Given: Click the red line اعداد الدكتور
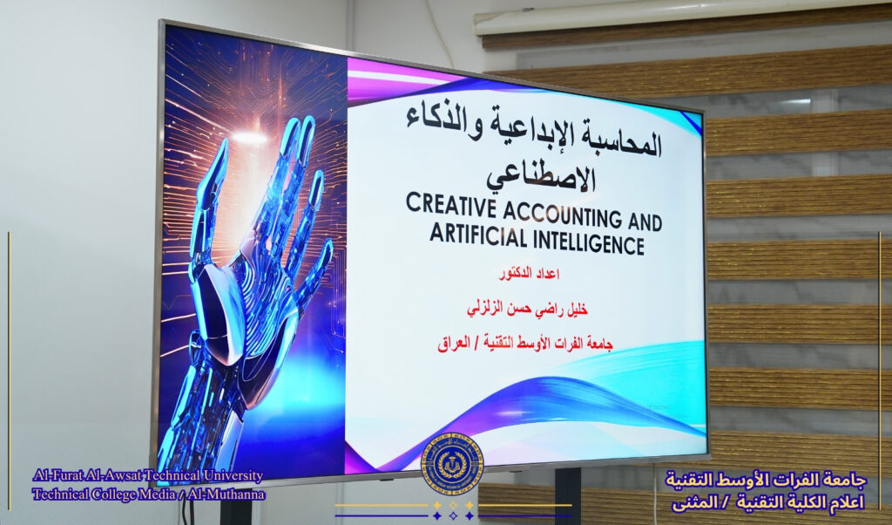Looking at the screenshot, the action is [x=529, y=274].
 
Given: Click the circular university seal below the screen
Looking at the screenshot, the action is [x=452, y=463].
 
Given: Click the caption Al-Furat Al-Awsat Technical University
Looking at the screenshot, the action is [x=148, y=475].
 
